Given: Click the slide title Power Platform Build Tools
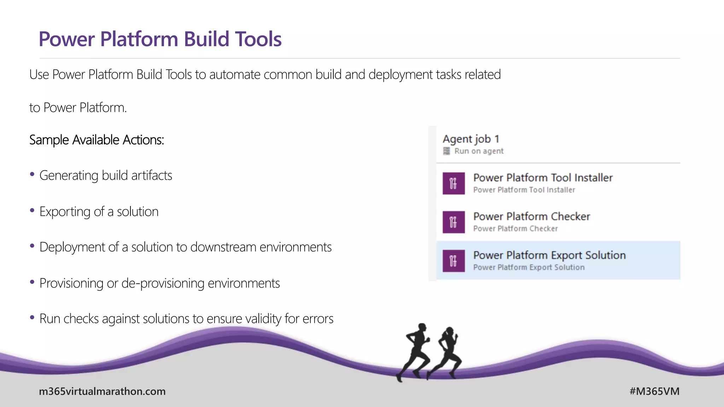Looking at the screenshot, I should (160, 39).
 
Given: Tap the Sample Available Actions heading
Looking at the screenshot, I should (97, 140).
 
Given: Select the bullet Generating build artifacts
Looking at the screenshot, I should (105, 176).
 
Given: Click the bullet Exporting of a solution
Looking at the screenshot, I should (99, 212).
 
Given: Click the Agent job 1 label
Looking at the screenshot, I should (471, 139).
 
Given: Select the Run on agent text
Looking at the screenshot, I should (479, 151).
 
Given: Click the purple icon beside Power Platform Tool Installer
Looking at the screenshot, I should (453, 183).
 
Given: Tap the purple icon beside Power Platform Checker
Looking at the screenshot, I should (453, 222).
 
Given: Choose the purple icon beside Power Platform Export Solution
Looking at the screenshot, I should (453, 261).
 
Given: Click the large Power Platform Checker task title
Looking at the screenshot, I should (531, 216).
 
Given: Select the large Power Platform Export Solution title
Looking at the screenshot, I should (549, 255).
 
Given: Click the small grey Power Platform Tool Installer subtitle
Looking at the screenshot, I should (524, 190).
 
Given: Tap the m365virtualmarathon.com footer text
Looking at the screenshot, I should (102, 391).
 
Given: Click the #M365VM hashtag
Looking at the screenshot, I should (654, 391).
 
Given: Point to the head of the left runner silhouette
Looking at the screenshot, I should (422, 327).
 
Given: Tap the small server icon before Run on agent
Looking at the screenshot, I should (446, 151).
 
